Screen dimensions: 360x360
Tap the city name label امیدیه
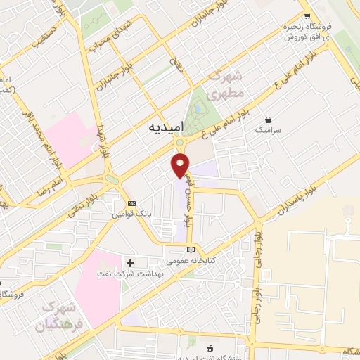167,128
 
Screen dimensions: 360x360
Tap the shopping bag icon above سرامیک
267,120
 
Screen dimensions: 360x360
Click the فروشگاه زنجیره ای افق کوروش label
307,32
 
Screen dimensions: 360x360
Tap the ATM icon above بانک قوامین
122,203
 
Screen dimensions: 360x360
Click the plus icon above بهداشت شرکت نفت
130,262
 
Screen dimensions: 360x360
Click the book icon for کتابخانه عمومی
191,250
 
